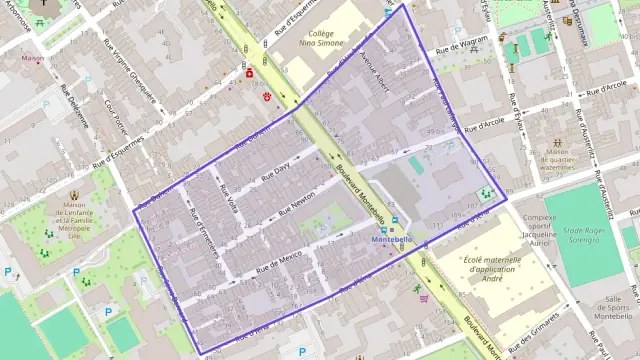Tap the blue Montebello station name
[x=392, y=241]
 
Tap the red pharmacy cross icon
[x=249, y=73]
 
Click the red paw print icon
[x=268, y=95]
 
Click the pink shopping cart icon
[x=424, y=297]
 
